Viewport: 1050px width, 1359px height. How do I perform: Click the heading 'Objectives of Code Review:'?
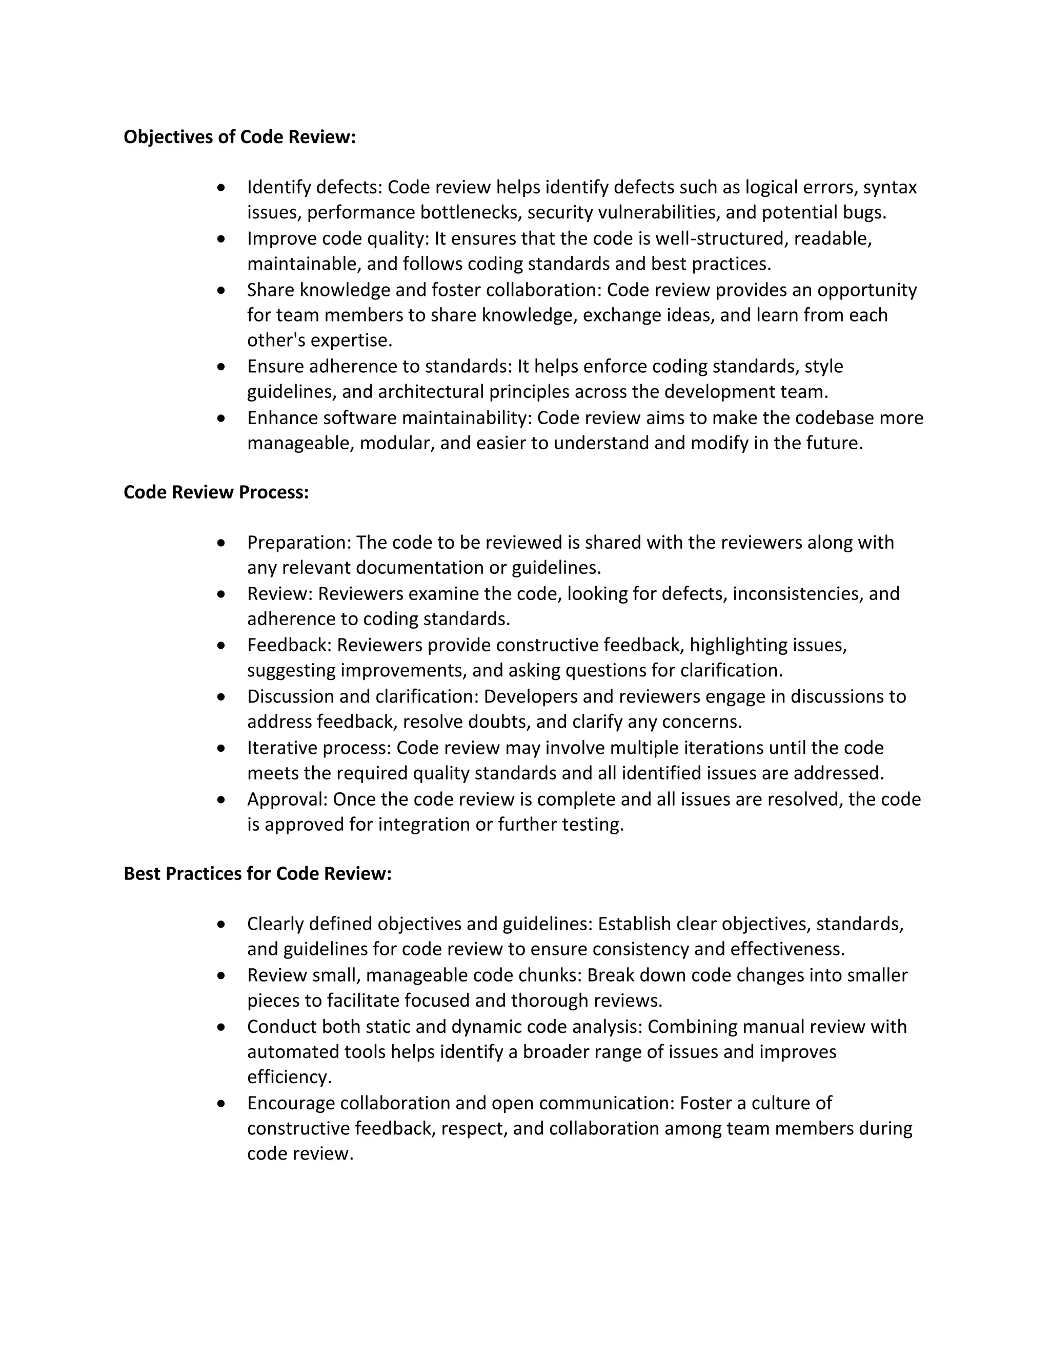[x=239, y=137]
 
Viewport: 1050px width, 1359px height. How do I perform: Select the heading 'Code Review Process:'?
[x=216, y=492]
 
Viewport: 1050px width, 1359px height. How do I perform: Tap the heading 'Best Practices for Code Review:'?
[x=257, y=874]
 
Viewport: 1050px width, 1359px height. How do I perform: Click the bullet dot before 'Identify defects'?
[x=221, y=187]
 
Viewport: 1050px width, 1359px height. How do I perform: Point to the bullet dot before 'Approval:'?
[x=221, y=800]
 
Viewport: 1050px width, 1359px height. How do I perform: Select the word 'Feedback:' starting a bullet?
[x=289, y=645]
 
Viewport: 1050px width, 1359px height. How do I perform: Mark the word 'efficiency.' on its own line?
[x=289, y=1077]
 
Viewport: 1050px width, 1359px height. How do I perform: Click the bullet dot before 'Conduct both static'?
[x=221, y=1027]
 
